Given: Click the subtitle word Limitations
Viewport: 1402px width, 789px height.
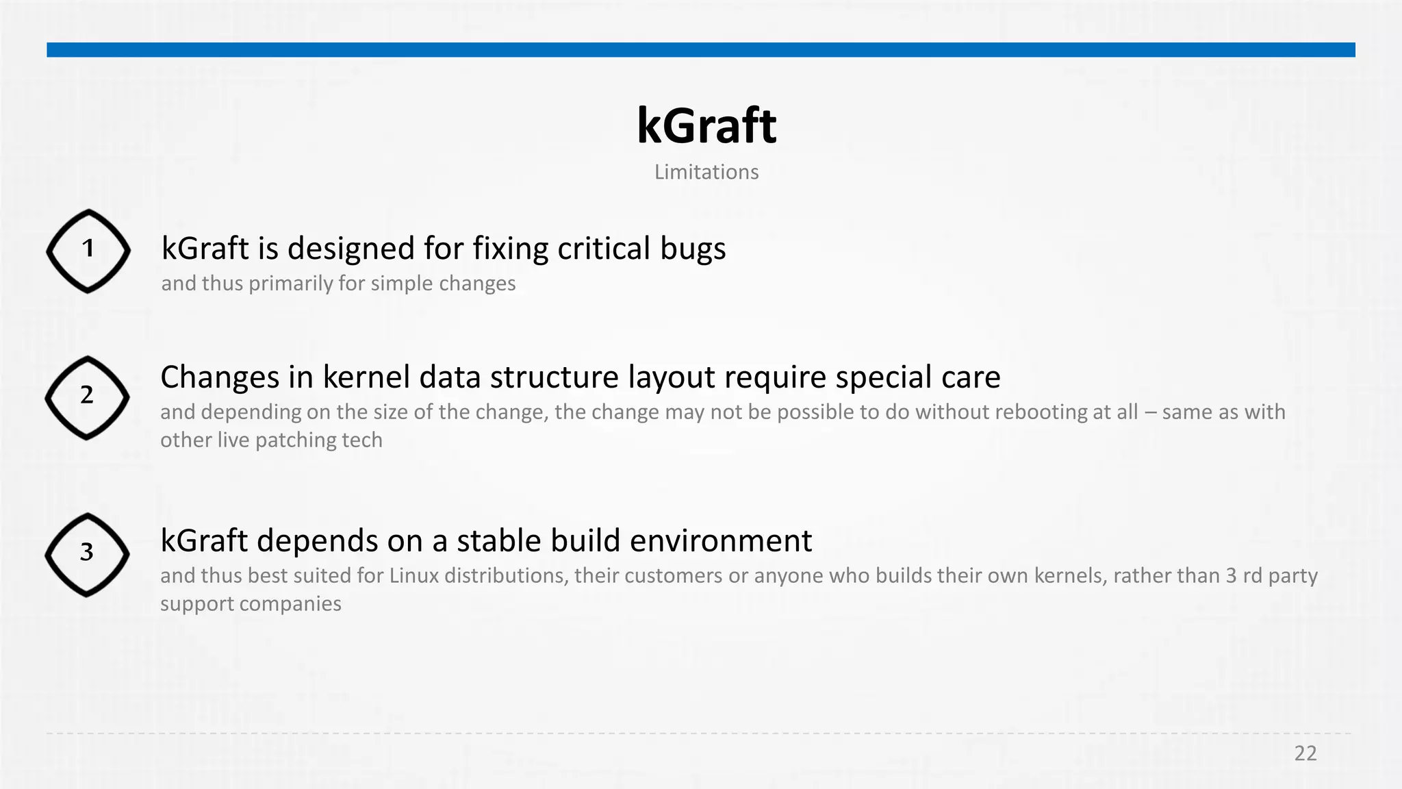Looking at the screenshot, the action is (706, 172).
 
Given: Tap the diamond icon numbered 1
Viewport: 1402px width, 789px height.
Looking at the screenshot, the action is (88, 251).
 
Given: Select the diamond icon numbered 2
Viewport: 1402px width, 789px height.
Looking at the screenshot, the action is (87, 398).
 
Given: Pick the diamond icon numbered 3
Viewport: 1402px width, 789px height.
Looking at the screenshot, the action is (87, 555).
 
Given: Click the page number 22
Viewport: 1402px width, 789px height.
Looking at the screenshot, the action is (1305, 753).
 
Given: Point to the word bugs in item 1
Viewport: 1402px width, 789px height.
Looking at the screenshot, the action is (693, 249).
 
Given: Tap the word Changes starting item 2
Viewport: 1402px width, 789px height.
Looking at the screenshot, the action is (220, 378).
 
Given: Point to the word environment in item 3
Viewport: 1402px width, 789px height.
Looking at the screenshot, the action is (721, 541).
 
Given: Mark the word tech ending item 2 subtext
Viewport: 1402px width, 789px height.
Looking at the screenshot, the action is (362, 440).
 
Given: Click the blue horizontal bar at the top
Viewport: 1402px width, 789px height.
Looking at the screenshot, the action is (701, 50).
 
